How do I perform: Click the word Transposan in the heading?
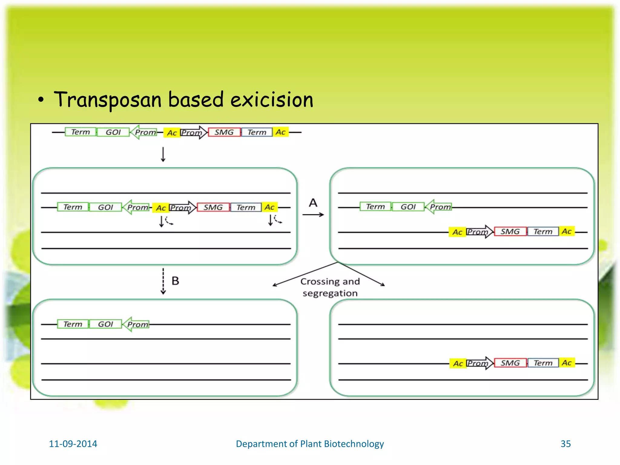point(107,100)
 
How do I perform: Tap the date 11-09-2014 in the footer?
point(73,444)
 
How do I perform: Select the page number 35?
point(566,444)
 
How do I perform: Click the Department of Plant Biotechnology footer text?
point(310,444)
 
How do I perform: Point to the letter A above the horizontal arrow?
point(313,203)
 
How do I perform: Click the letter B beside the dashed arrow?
point(175,281)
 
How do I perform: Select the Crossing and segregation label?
point(330,287)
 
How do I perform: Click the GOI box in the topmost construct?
point(113,132)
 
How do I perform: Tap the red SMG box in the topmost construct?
point(224,132)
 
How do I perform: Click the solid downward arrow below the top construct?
point(163,154)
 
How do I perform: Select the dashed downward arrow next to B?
point(163,281)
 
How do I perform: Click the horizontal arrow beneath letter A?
point(313,215)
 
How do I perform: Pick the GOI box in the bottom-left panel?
point(105,324)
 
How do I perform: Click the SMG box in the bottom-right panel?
point(510,363)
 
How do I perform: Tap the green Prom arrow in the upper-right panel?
point(439,207)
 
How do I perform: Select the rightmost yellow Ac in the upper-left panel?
point(269,207)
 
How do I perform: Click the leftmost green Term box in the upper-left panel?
point(73,207)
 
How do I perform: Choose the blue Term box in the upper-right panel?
point(543,232)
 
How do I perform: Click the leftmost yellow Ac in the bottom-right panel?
point(458,363)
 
